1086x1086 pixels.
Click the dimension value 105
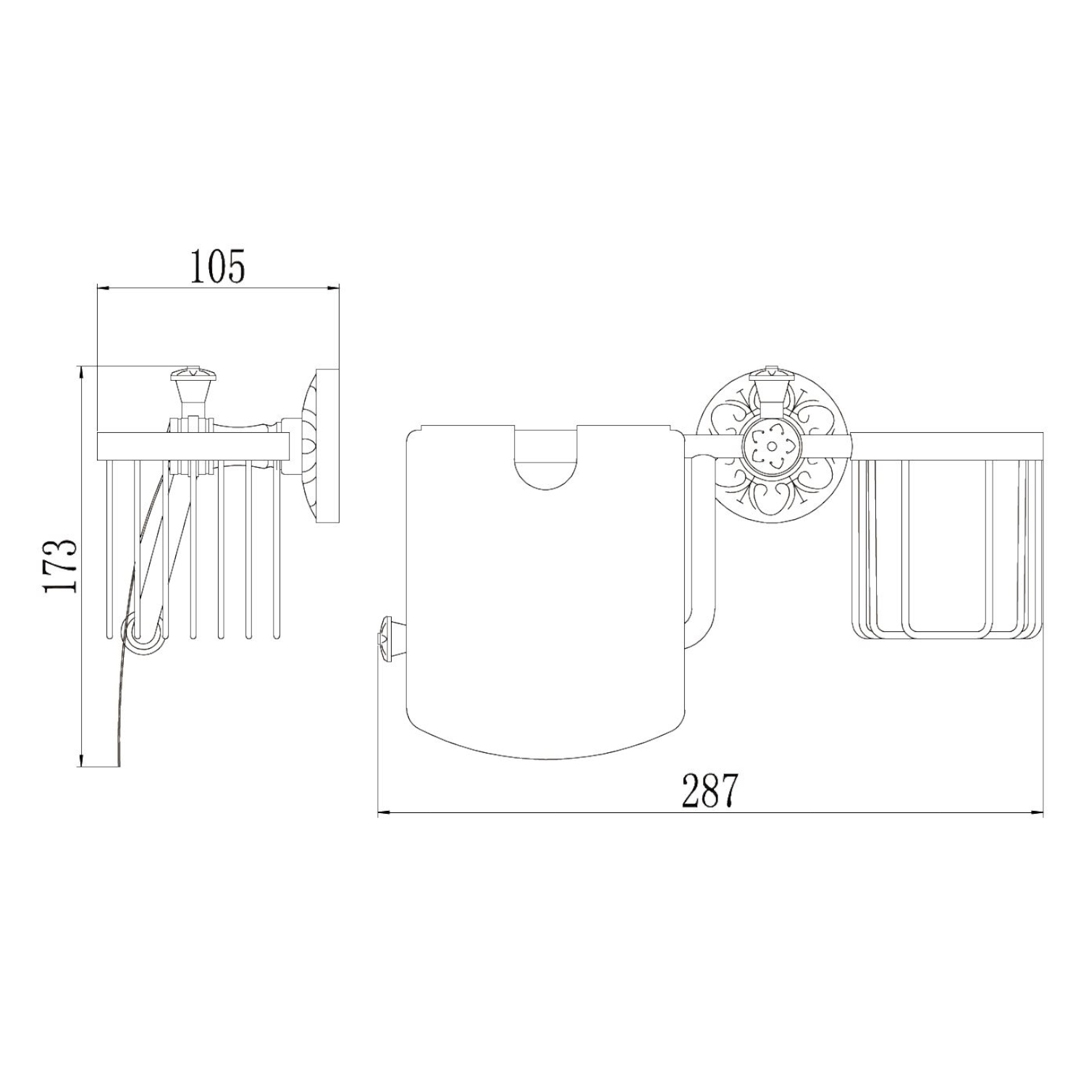click(x=218, y=266)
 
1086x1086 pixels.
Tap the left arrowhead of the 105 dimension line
click(x=102, y=289)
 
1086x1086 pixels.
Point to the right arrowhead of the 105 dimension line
click(x=334, y=289)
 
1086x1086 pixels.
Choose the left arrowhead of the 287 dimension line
click(x=384, y=813)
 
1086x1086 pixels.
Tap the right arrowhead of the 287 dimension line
click(x=1037, y=813)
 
